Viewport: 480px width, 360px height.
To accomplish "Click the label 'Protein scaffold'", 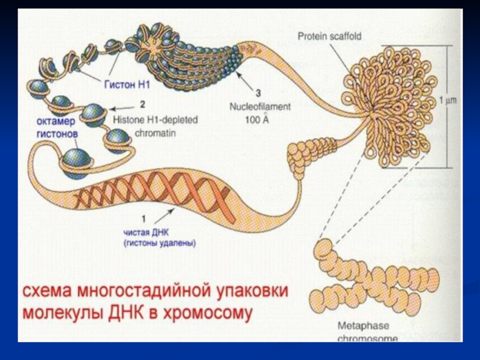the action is (x=329, y=37).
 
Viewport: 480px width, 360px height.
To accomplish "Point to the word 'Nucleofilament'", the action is (x=260, y=106).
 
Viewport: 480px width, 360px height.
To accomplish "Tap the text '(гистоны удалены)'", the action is (x=160, y=244).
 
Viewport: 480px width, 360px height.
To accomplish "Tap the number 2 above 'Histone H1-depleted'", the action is (x=142, y=104).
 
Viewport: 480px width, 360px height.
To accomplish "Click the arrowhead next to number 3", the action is (x=239, y=74).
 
